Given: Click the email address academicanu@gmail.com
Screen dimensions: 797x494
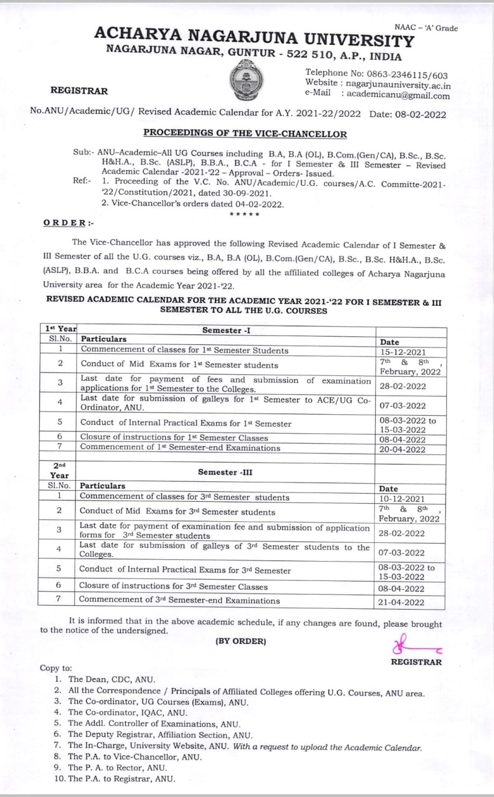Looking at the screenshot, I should pos(398,95).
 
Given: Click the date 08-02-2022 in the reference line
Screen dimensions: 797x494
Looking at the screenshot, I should pos(424,115).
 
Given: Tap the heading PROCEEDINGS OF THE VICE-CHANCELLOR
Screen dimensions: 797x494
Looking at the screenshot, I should pos(245,133).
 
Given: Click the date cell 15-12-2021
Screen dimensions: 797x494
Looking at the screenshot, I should pos(402,352).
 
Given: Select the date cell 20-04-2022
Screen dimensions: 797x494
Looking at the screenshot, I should pos(402,450).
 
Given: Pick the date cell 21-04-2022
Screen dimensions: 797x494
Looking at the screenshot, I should pos(401,602).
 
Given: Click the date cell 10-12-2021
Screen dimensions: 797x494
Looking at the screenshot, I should pos(402,499).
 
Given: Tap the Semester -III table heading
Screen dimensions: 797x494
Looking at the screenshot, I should pos(226,473).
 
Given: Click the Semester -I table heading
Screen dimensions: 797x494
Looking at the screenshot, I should pos(226,331).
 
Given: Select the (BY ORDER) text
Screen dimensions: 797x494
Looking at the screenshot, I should pos(240,641).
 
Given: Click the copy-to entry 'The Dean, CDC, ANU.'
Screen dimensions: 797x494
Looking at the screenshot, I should pos(112,680).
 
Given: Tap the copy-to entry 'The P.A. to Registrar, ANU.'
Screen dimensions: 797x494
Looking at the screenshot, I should pos(121,779).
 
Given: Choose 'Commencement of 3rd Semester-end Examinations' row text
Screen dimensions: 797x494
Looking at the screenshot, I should pos(179,601).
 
